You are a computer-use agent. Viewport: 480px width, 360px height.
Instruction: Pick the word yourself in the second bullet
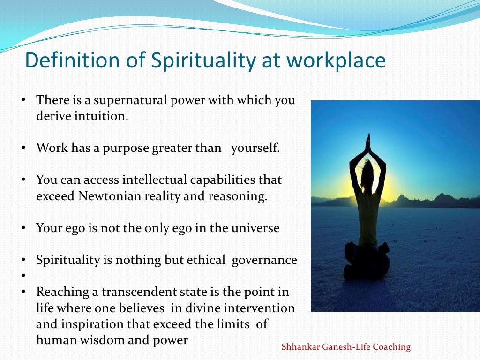(255, 148)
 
